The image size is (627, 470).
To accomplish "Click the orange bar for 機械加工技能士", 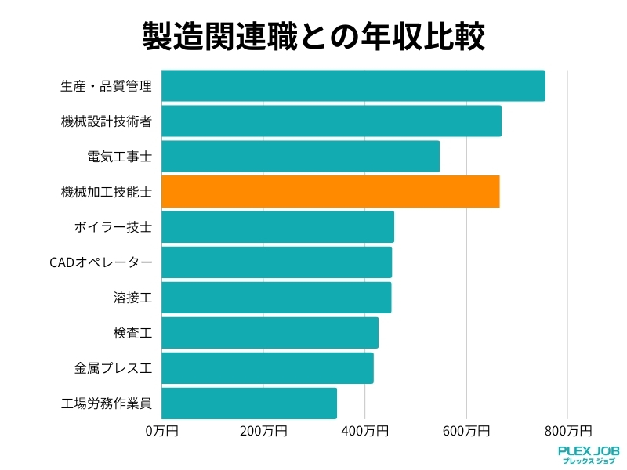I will point(330,192).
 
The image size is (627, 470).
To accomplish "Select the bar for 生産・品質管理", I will point(353,85).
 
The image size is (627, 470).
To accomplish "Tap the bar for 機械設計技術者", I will point(331,121).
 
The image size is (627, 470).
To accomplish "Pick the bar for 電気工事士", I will point(300,157).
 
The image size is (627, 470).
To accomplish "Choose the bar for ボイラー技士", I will point(277,227).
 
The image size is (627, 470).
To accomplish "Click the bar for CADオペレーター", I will point(276,262).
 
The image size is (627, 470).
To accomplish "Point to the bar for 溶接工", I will point(276,298).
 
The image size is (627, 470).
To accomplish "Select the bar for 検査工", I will point(270,333).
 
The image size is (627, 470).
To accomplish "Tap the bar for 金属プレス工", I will point(267,368).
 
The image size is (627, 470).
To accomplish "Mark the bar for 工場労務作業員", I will point(248,403).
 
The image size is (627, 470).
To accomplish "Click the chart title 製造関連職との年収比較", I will point(313,36).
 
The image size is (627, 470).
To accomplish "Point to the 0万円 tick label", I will point(162,431).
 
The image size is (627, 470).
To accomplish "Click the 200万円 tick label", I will point(263,431).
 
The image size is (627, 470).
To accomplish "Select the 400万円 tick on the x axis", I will point(365,431).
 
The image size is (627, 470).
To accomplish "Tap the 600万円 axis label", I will point(466,431).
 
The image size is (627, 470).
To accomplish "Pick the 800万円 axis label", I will point(568,431).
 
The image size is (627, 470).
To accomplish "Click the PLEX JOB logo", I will point(589,454).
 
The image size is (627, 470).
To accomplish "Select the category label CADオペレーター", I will point(100,262).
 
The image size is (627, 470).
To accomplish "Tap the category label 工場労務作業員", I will point(106,403).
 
